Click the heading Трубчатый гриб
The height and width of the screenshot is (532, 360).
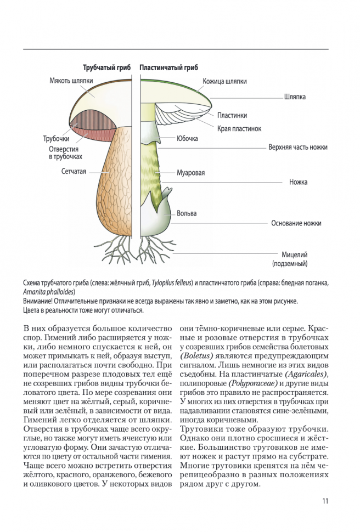tap(106, 68)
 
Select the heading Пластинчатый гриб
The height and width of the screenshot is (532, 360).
tap(168, 68)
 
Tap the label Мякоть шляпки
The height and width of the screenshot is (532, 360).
tap(70, 80)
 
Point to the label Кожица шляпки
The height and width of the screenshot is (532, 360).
tap(224, 81)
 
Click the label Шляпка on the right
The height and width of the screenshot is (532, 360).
tap(295, 97)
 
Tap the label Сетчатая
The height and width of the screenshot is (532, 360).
tap(74, 172)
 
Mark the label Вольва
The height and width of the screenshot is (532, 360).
tap(187, 213)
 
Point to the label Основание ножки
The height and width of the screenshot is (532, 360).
tap(296, 223)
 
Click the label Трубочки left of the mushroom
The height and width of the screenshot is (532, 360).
tap(56, 139)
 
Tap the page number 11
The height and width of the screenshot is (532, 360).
tap(325, 500)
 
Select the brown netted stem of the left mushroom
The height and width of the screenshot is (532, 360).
tap(113, 186)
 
